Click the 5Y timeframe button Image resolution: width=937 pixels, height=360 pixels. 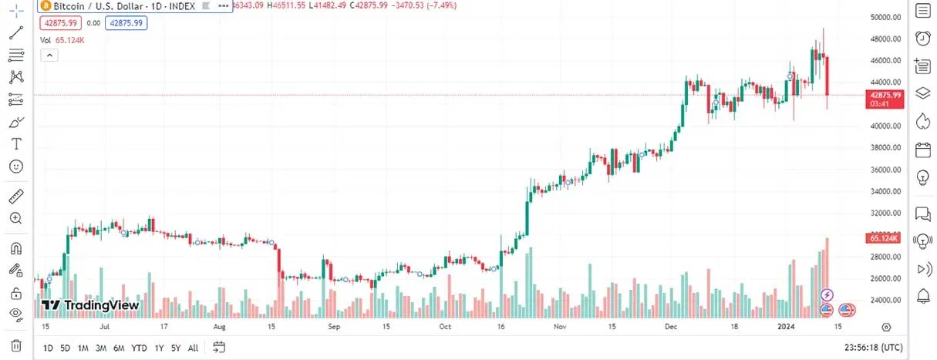176,348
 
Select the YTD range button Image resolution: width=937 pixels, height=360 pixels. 139,348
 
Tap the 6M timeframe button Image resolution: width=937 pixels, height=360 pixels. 119,348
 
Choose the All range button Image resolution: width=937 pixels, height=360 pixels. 193,348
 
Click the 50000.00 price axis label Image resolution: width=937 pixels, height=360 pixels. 885,16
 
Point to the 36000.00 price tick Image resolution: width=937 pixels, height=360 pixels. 885,170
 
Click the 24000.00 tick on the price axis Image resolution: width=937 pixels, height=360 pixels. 885,301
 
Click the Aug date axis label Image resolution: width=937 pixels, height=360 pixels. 220,327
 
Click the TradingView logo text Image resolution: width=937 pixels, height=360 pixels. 90,305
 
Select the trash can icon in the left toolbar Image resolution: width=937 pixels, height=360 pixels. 15,345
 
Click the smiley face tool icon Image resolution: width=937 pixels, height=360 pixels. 15,166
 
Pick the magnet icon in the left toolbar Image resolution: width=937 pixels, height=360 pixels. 15,248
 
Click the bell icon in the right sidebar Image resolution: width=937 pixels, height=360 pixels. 922,295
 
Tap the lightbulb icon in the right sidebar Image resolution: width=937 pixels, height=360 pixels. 922,177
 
